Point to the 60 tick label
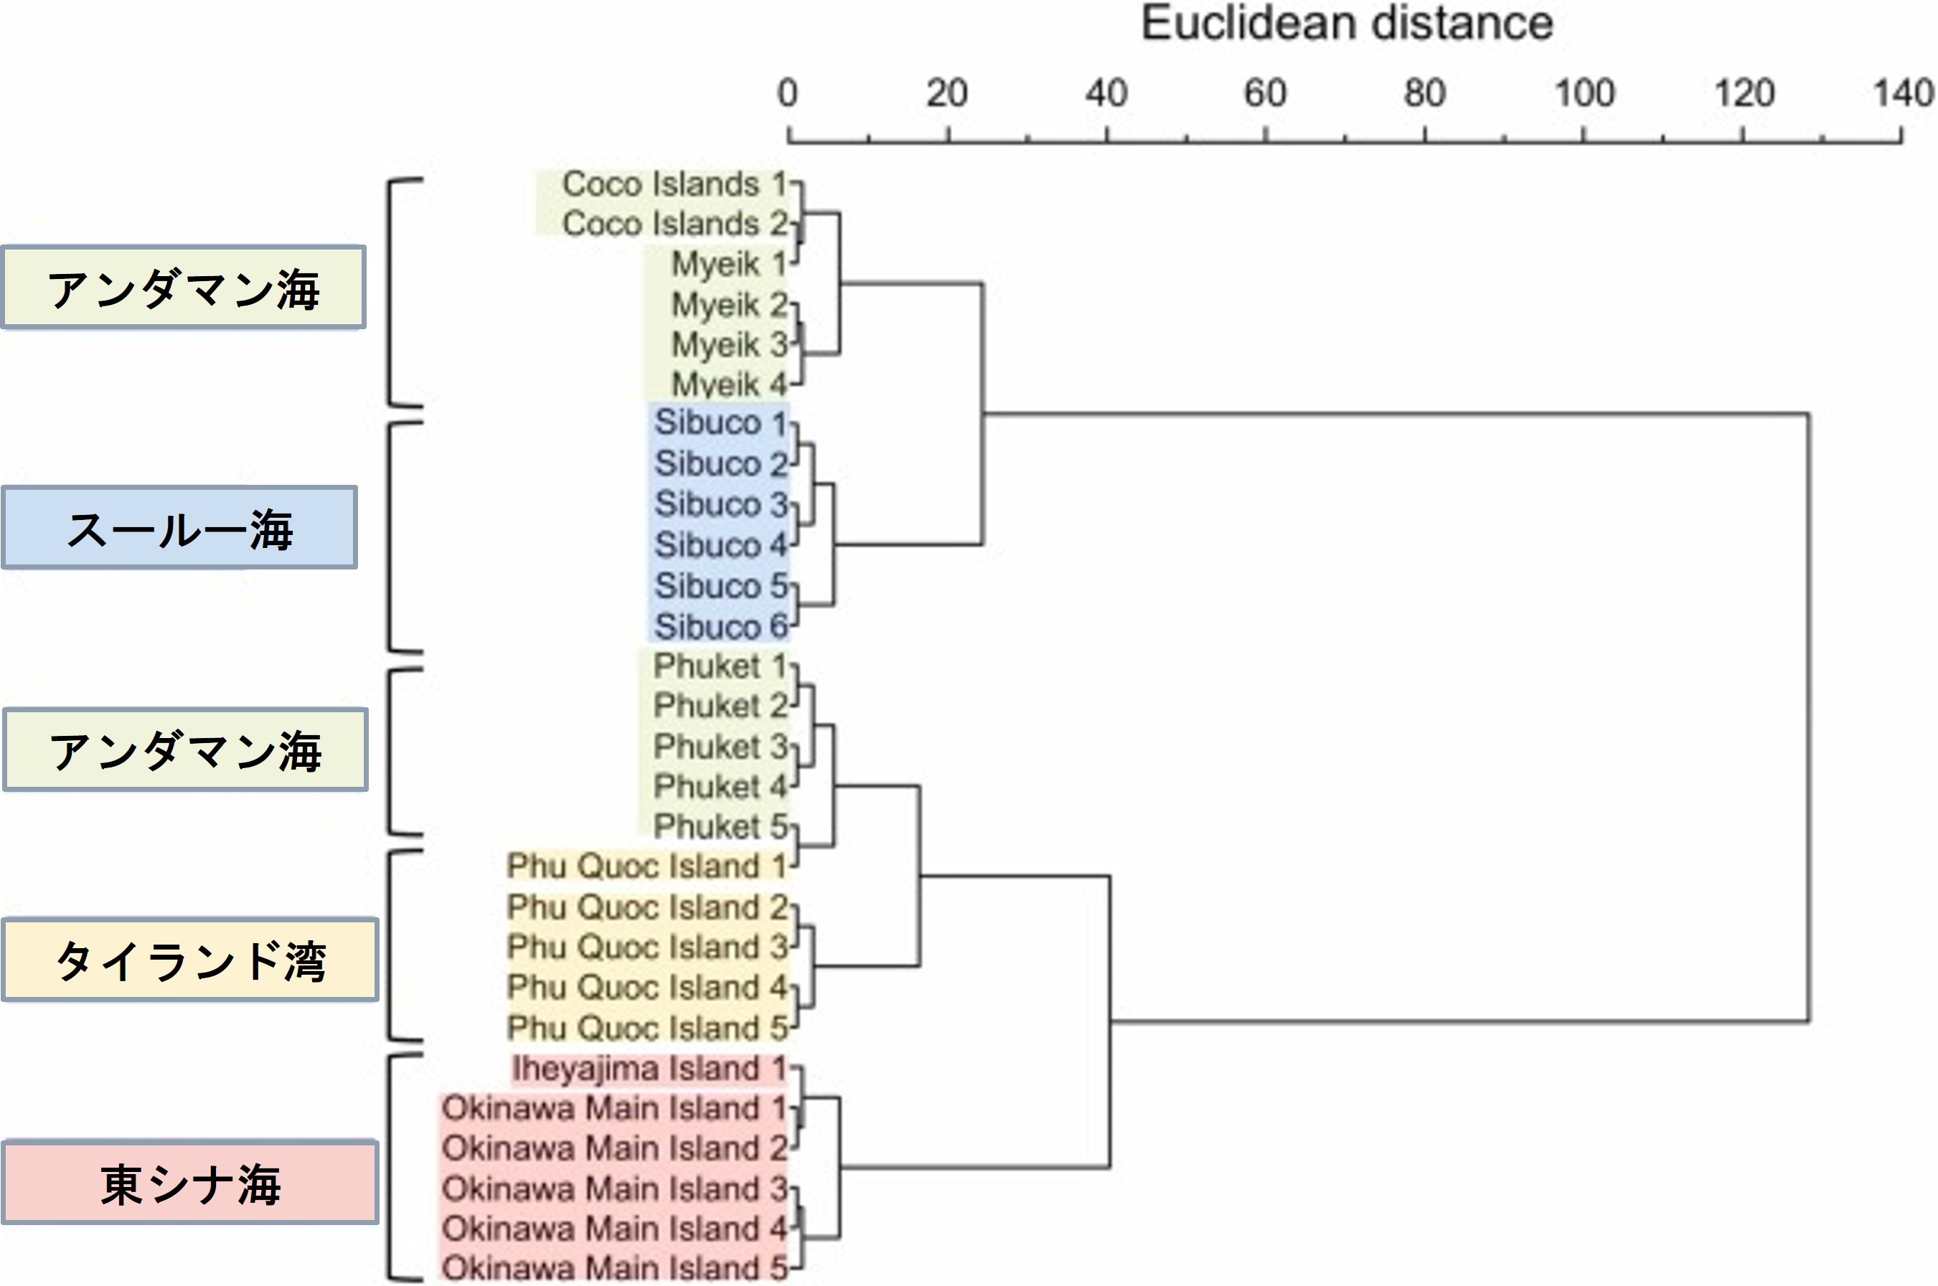pos(1264,93)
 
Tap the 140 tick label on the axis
pos(1903,93)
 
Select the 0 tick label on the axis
pos(787,93)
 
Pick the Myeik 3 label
pos(728,344)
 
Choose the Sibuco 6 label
pos(720,628)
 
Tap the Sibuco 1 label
pos(720,423)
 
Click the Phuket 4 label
pos(720,787)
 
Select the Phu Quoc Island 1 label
pos(646,866)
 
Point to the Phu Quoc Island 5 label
pos(646,1028)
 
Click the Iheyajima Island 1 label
pos(648,1069)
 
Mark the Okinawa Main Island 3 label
pos(614,1188)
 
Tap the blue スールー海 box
pos(179,528)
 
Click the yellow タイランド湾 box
pos(190,960)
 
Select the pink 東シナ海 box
pos(190,1183)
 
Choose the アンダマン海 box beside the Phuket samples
pos(185,750)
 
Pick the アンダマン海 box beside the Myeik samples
pos(184,288)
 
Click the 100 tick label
pos(1584,93)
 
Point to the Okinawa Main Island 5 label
pos(614,1268)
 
